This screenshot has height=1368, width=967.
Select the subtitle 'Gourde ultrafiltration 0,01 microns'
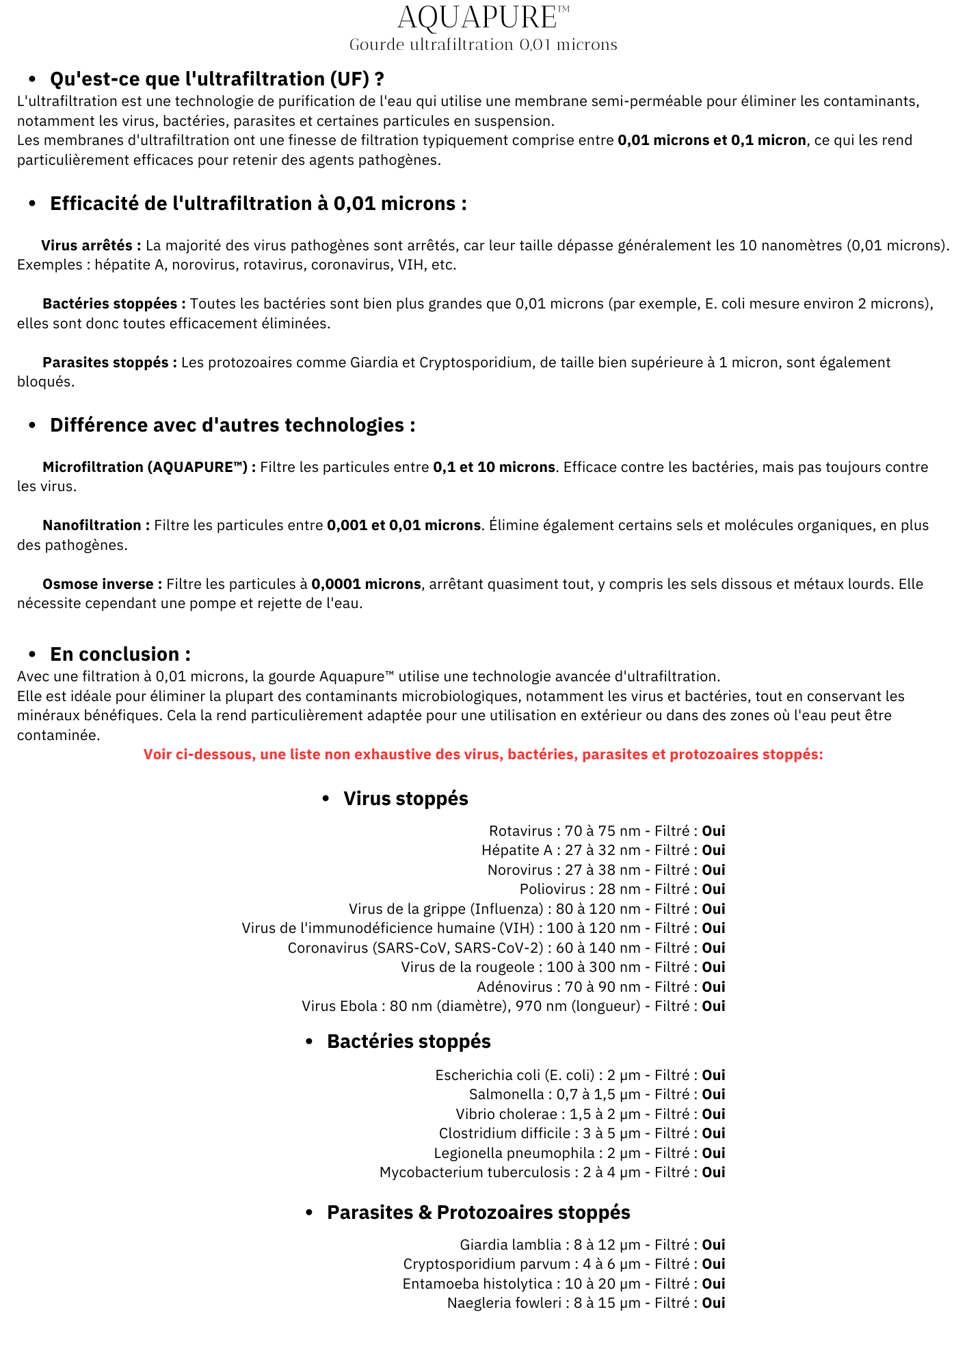pos(483,44)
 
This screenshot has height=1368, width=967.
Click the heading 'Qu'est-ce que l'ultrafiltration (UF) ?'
pos(217,79)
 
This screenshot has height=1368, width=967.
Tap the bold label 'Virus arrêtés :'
pos(91,246)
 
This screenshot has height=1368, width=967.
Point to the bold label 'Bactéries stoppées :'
pos(114,304)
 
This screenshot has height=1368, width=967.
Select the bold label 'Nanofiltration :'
pos(96,525)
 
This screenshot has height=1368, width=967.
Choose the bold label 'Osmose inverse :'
pos(102,584)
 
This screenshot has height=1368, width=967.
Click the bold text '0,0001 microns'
pos(366,584)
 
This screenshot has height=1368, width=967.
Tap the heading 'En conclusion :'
pos(120,654)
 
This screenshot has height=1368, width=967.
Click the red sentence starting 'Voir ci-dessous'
pos(483,754)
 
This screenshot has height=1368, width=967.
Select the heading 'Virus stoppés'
pos(406,798)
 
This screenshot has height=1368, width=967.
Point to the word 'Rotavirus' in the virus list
pos(520,831)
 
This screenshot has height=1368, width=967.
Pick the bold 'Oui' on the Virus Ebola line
pos(713,1006)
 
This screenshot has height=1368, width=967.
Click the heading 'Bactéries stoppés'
pos(408,1041)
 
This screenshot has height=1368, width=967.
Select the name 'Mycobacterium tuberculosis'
pos(475,1172)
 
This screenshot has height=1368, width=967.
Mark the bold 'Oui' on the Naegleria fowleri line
pos(713,1303)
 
